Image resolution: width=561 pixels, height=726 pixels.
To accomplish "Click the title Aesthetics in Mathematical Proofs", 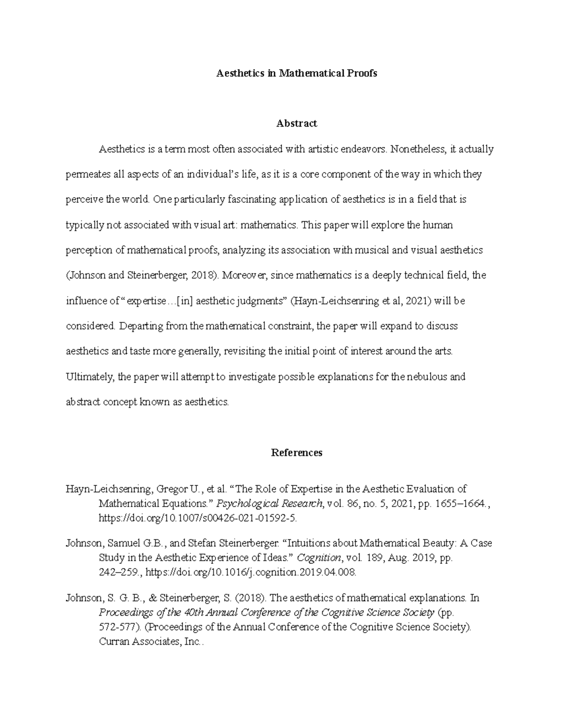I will (x=296, y=73).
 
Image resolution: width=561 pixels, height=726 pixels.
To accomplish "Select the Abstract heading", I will (x=296, y=123).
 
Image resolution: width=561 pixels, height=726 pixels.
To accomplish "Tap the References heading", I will (x=296, y=453).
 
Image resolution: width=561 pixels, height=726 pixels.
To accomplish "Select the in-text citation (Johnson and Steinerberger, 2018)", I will (x=142, y=275).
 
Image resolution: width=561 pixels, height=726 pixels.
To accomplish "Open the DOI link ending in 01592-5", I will (x=197, y=518).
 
